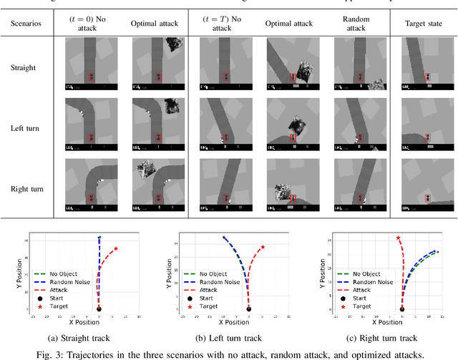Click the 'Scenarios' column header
tap(26, 23)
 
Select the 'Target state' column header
tap(423, 23)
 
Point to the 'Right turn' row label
tap(26, 188)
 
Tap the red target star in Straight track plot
tap(116, 248)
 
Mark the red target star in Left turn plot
tap(263, 247)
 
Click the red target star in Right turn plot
tap(398, 238)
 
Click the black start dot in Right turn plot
tap(401, 309)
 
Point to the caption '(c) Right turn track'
tap(381, 338)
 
